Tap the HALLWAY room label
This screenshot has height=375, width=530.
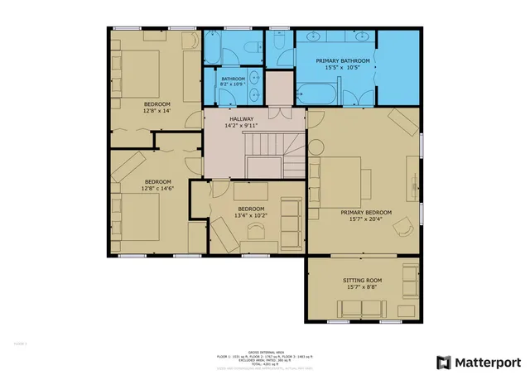[x=243, y=118]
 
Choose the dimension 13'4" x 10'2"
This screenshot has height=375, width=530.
[x=251, y=215]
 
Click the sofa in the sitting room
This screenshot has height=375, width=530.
[x=360, y=310]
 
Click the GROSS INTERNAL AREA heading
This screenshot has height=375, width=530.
[x=266, y=351]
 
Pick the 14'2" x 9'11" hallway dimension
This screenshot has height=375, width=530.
[x=243, y=126]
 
